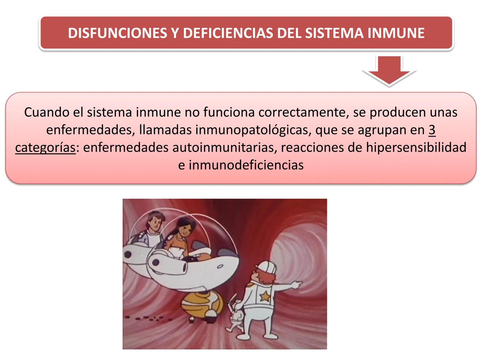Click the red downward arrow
tap(389, 71)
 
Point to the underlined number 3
tap(432, 130)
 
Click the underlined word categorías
tap(45, 148)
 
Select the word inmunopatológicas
tap(253, 130)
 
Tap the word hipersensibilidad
tap(416, 147)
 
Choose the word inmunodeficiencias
tap(246, 165)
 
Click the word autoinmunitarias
tap(225, 147)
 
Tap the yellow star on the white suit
tap(265, 295)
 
